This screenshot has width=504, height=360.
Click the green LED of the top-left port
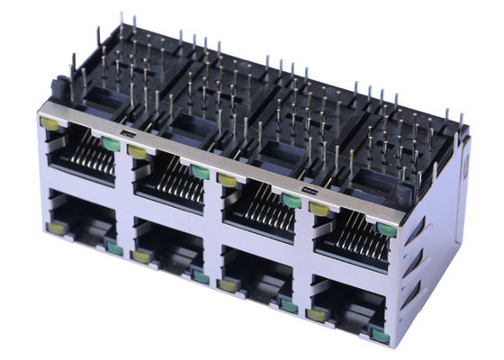(x=112, y=143)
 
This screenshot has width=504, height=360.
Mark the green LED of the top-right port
(x=387, y=229)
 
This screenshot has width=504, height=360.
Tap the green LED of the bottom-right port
(x=380, y=337)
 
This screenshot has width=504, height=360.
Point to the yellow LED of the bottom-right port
(x=317, y=315)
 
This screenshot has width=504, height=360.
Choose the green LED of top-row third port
(x=291, y=200)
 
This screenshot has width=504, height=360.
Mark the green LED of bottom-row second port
(x=200, y=276)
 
